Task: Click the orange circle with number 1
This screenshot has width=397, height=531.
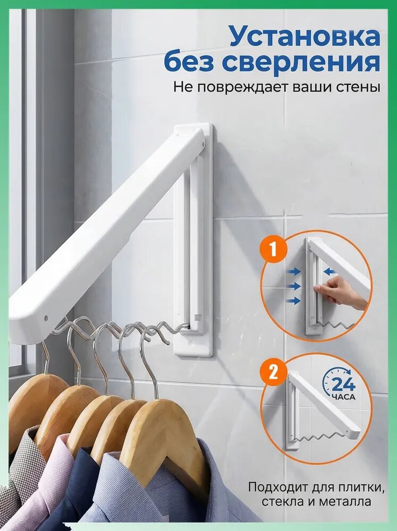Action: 274,250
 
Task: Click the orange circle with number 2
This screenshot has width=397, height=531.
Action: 274,372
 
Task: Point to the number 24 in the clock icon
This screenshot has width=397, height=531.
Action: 343,384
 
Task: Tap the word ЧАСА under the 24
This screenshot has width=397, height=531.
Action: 343,397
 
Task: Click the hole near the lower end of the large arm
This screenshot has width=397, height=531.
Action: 46,318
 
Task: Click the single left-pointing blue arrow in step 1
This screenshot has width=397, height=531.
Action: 330,271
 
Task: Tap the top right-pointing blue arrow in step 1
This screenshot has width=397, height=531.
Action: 294,271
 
